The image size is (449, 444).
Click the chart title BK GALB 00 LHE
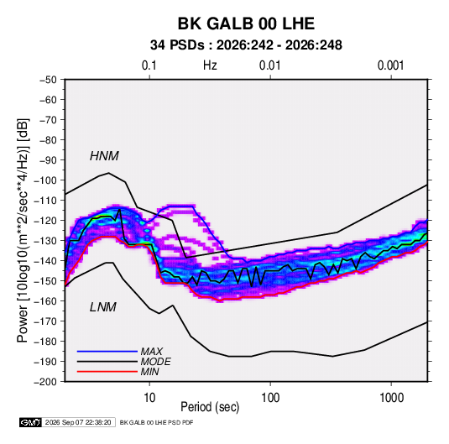coord(246,24)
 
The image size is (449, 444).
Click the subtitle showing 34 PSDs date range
coord(246,45)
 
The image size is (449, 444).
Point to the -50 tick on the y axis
coord(48,80)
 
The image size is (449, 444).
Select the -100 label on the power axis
coord(46,180)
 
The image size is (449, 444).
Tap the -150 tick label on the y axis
coord(46,281)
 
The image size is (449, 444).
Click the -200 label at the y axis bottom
coord(46,382)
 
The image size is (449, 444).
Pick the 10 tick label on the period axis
coord(149,398)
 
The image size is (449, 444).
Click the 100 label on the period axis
coord(270,398)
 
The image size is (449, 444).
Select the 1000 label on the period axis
coord(391,398)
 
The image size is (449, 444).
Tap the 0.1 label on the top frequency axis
coord(149,65)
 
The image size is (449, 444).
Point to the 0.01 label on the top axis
coord(269,65)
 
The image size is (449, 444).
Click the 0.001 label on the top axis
coord(390,65)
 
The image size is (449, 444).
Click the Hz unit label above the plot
coord(210,65)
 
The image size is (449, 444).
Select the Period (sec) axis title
coord(210,407)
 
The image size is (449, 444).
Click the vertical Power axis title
coord(23,231)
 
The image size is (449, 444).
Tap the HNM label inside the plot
coord(104,156)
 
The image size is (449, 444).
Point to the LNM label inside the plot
coord(103,307)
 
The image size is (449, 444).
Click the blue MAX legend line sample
coord(107,352)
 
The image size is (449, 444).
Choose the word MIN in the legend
coord(149,372)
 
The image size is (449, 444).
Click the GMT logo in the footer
coord(30,422)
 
